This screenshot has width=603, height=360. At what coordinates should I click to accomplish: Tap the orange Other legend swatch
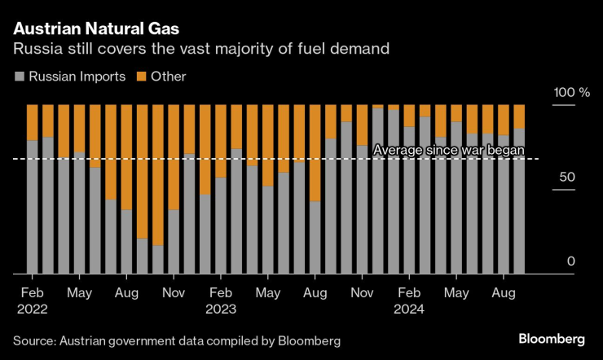tap(140, 77)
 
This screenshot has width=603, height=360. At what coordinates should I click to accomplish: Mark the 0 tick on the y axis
tap(571, 261)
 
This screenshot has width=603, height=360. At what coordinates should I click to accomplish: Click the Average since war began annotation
tap(447, 149)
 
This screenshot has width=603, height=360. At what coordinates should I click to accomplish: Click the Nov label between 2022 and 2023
tap(174, 292)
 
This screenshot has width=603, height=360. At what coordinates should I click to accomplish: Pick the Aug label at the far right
tap(503, 292)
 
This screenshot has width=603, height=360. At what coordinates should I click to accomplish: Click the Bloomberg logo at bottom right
tap(552, 339)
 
